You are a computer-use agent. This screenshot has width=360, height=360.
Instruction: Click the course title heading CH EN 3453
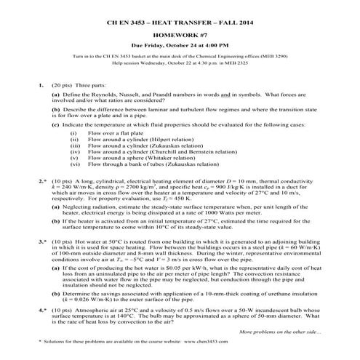coord(180,24)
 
